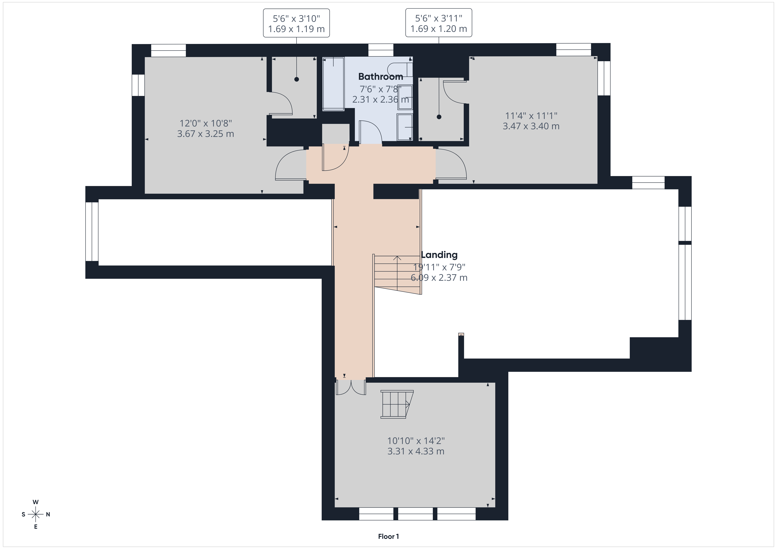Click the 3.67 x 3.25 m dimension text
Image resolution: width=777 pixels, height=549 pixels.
coord(205,134)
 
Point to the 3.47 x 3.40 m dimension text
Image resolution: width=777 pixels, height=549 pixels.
coord(531,126)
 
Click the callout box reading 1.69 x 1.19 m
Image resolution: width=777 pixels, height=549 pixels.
coord(296,23)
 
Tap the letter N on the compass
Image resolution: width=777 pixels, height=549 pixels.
coord(48,514)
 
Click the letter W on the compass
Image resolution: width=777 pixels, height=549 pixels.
coord(36,502)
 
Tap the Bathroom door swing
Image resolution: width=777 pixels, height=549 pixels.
coord(371,132)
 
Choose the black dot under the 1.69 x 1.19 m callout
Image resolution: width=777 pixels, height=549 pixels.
coord(296,79)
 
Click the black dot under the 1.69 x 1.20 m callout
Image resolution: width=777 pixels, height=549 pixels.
coord(439,117)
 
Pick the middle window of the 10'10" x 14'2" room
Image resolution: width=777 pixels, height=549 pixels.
coord(415,514)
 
